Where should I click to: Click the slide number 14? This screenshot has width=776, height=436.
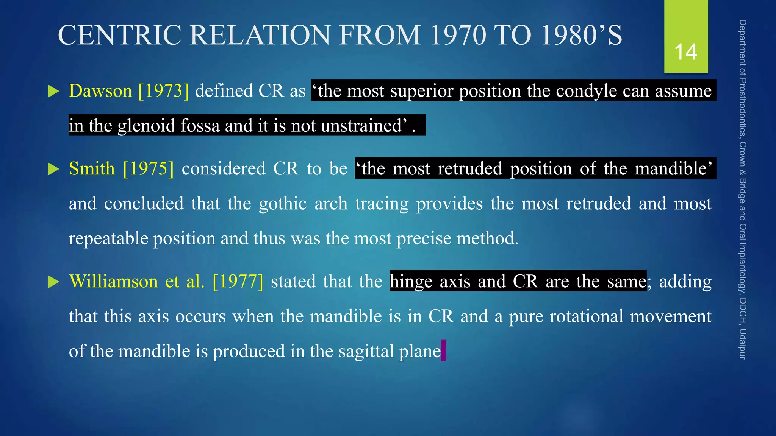686,52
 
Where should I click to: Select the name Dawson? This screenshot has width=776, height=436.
100,91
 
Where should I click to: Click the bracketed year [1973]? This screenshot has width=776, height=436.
164,91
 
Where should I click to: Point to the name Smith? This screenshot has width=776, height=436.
92,169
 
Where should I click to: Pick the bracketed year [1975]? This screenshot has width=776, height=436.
149,169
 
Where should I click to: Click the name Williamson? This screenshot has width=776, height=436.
114,282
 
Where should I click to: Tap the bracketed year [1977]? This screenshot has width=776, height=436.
238,282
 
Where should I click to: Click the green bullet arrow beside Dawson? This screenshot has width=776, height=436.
54,92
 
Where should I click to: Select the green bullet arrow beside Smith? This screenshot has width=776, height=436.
54,169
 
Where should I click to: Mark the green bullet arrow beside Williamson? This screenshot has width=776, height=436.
54,282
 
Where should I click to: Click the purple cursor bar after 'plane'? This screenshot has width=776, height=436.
444,350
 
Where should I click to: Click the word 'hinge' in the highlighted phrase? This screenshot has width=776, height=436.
411,282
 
